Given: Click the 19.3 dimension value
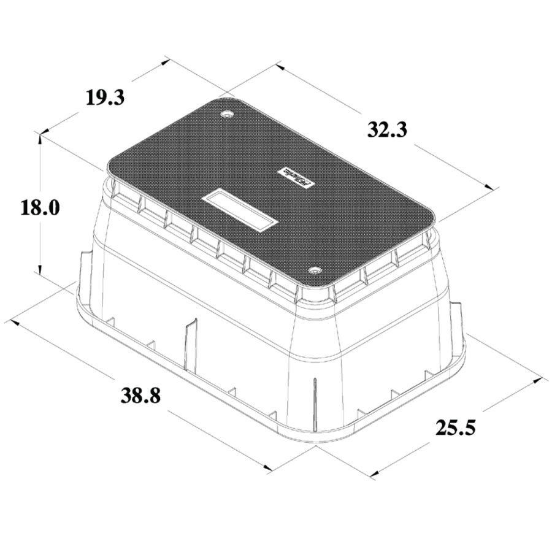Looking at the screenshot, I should [x=105, y=96].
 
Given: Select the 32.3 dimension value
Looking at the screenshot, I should [x=388, y=129].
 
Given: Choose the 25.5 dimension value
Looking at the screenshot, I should [x=456, y=426].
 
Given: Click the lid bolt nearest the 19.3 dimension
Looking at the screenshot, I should [x=228, y=114].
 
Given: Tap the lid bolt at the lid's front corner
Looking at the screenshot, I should [x=315, y=270].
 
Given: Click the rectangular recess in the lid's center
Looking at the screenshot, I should [x=240, y=210].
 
